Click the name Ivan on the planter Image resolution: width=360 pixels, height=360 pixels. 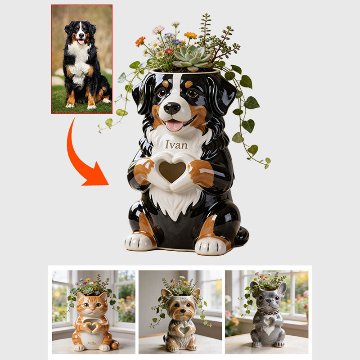pos(176,145)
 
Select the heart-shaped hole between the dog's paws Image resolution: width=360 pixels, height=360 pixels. pos(173,171)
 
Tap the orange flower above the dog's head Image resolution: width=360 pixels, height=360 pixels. pos(140,41)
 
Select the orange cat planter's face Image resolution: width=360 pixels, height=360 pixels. pos(92,306)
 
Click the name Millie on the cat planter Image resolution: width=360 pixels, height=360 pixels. pos(92,342)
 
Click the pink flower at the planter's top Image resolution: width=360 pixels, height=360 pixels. pos(158,30)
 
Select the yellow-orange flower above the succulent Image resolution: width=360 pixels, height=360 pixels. pos(190,35)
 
